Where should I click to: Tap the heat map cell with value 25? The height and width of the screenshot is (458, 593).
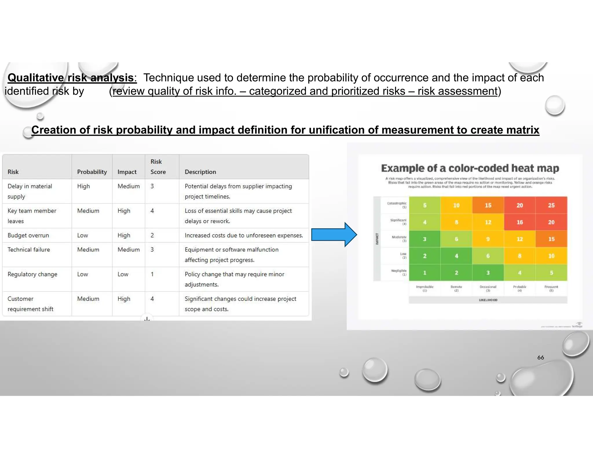tap(551, 205)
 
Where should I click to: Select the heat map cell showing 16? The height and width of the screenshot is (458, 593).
tap(520, 222)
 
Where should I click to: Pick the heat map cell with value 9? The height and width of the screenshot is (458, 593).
tap(488, 239)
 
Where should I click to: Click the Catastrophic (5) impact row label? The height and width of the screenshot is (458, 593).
tap(397, 205)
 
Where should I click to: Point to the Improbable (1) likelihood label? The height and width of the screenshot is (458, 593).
tap(424, 288)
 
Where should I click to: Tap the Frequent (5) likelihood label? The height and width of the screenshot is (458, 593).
tap(551, 288)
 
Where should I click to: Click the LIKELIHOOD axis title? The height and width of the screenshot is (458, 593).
tap(488, 300)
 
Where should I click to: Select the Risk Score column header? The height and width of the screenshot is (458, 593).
tap(158, 167)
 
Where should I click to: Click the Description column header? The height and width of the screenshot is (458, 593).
tap(200, 172)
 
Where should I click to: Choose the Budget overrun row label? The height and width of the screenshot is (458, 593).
tap(28, 235)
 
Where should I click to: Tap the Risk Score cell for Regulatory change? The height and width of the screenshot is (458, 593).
tap(152, 274)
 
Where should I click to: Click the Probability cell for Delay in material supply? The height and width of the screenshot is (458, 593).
tap(83, 186)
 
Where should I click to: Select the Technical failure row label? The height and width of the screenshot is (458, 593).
tap(29, 250)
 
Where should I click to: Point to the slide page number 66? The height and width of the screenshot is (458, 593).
tap(540, 358)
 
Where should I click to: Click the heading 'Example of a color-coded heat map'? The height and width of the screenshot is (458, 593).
tap(470, 168)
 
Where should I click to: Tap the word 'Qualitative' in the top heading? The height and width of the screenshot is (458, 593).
tap(35, 78)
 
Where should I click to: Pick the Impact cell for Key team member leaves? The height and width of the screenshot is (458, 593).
tap(124, 211)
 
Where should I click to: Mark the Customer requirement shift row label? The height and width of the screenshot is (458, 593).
tap(30, 304)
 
